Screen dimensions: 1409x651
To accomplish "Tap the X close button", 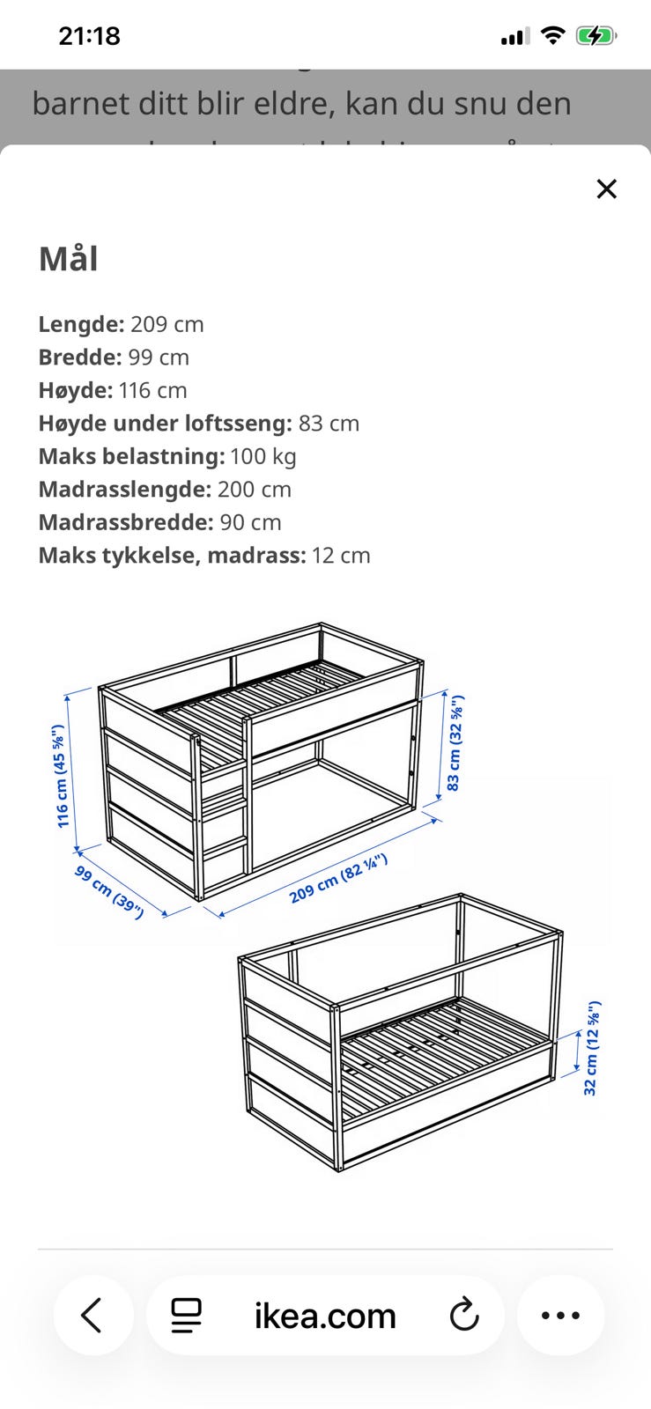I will [606, 188].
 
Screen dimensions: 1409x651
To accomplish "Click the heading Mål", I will [68, 259].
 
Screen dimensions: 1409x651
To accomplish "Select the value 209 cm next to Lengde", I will [167, 324].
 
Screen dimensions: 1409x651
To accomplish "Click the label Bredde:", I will [80, 358].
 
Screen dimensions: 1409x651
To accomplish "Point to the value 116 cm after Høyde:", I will [153, 390].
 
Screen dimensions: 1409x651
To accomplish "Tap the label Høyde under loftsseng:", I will [165, 424].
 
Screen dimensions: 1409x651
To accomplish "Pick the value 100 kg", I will [263, 456].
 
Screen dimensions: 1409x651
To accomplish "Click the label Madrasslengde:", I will [124, 490].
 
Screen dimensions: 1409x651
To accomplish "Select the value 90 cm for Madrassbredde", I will [251, 522].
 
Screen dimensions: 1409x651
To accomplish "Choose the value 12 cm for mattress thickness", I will [341, 556].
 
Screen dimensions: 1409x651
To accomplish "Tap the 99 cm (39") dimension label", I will [108, 892].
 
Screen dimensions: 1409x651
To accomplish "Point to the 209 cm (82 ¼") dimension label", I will [338, 879].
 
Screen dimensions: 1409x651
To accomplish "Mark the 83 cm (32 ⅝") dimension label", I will [455, 744].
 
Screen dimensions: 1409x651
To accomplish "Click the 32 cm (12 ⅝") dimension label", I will [591, 1048].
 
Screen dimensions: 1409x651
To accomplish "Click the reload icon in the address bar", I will [463, 1316].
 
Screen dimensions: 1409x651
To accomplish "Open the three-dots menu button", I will [560, 1316].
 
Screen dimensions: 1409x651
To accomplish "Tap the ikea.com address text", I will [325, 1316].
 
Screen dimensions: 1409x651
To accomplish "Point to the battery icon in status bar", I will [596, 36].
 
